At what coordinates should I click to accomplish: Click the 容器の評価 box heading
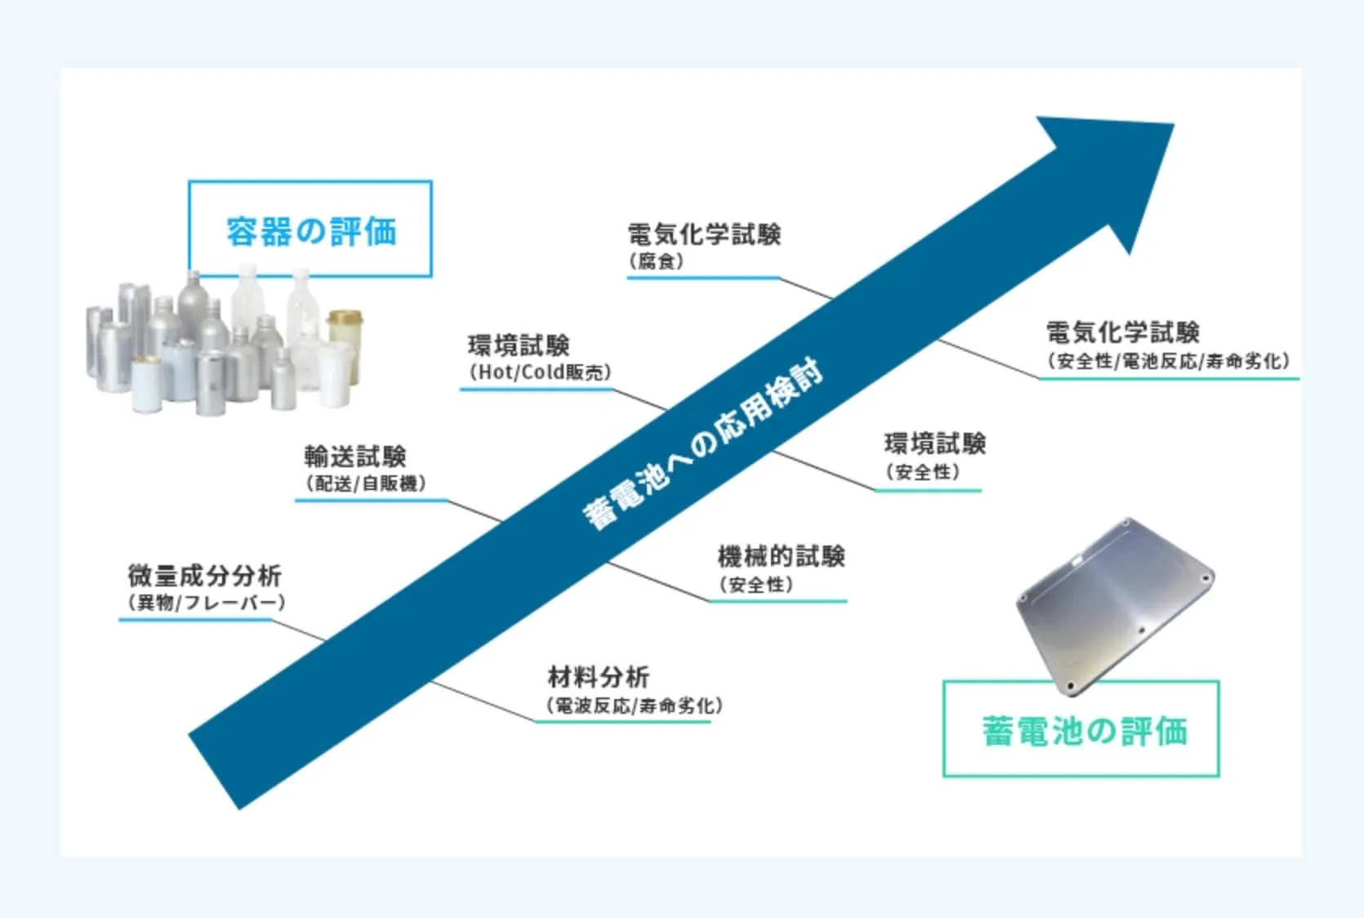(x=310, y=231)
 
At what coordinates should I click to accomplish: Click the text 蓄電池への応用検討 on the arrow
(x=702, y=445)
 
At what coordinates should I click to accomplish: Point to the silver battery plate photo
(x=1114, y=604)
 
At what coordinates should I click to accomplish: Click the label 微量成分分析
(x=204, y=576)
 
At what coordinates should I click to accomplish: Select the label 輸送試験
(x=355, y=456)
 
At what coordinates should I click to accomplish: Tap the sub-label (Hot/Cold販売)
(x=540, y=372)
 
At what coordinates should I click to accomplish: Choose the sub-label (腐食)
(x=656, y=261)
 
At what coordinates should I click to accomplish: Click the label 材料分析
(x=598, y=677)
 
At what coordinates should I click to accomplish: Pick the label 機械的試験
(x=781, y=557)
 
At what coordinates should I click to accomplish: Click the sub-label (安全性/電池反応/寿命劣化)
(x=1168, y=361)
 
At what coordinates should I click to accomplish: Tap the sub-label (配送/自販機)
(x=365, y=484)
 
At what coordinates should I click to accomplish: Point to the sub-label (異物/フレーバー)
(x=206, y=603)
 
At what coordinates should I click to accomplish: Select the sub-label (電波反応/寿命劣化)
(x=634, y=706)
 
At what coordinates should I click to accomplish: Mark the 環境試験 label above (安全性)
(x=934, y=444)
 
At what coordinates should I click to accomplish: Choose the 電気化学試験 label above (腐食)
(x=704, y=234)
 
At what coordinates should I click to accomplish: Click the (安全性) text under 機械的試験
(x=756, y=585)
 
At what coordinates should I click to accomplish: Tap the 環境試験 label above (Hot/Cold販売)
(x=519, y=345)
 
